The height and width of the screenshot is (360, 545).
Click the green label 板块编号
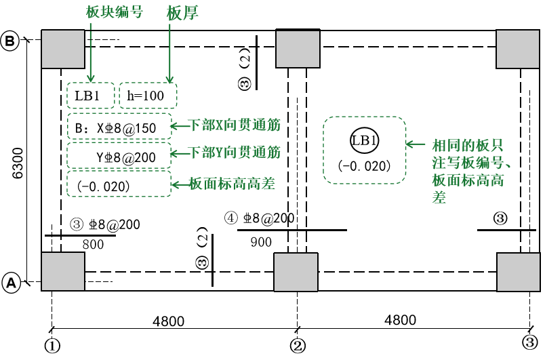(115, 12)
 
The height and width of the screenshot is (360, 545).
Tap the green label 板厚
(182, 13)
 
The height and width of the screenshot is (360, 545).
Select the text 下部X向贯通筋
(235, 125)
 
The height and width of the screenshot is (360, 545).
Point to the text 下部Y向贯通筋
(235, 153)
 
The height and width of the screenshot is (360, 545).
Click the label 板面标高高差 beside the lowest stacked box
(232, 184)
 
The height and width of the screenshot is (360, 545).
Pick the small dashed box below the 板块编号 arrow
(91, 96)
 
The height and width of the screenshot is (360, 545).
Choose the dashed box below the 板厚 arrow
(148, 96)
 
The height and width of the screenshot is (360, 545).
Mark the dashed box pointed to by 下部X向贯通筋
(119, 126)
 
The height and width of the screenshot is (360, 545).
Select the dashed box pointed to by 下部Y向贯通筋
(119, 155)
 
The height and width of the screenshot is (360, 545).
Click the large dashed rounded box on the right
(365, 150)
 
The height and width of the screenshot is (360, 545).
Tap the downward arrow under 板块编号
(90, 54)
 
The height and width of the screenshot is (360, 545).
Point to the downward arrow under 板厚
(169, 54)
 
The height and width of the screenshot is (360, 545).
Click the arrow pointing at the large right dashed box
(416, 144)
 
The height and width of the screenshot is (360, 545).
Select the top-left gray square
(63, 49)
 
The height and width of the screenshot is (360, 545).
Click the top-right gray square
(518, 49)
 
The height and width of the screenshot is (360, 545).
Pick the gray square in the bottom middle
(296, 272)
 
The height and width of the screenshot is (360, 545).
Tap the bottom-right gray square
(519, 272)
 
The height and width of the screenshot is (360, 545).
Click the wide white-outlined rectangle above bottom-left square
(91, 225)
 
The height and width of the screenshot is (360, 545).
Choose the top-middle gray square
(298, 49)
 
